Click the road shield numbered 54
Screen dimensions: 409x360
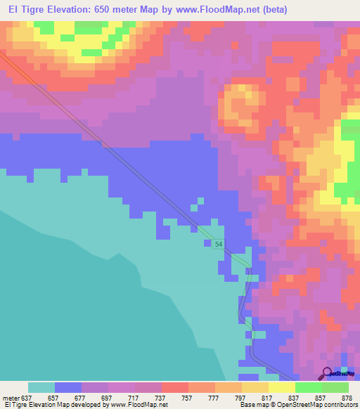219,243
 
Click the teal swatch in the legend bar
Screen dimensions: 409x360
41,387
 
